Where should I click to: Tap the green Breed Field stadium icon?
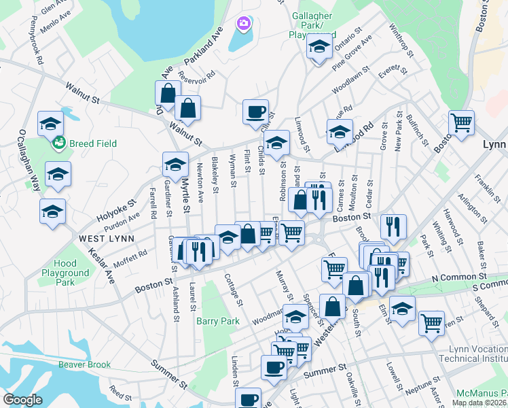60,143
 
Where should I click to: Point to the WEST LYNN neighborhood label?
106,238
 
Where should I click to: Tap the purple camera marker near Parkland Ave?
243,24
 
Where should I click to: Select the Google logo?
23,400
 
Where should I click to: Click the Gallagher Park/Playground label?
313,24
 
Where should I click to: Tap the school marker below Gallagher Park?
317,47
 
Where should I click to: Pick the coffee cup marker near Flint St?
256,111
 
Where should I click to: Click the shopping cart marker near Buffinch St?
461,123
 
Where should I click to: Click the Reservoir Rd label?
197,81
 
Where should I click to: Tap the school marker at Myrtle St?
175,164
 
